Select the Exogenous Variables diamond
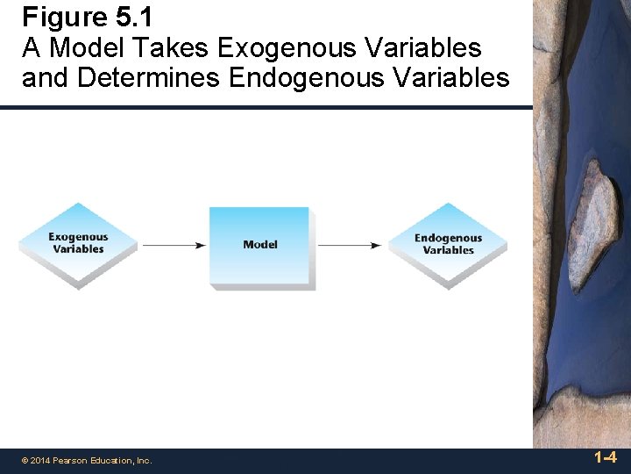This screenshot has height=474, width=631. click(x=78, y=244)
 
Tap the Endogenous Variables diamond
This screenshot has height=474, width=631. click(x=448, y=245)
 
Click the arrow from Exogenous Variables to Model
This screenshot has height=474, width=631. click(x=173, y=246)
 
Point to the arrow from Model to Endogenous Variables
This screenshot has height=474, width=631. click(x=350, y=246)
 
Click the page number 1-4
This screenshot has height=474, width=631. click(x=605, y=457)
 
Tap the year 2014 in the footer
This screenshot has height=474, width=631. click(x=41, y=461)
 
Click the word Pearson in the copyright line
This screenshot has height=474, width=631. click(x=73, y=461)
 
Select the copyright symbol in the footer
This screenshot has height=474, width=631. click(x=25, y=461)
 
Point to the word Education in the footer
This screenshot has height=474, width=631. click(x=113, y=461)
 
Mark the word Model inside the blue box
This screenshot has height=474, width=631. click(x=259, y=245)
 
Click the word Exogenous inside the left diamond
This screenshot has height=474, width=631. click(x=78, y=237)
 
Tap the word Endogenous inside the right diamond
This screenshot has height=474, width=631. click(x=448, y=238)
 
